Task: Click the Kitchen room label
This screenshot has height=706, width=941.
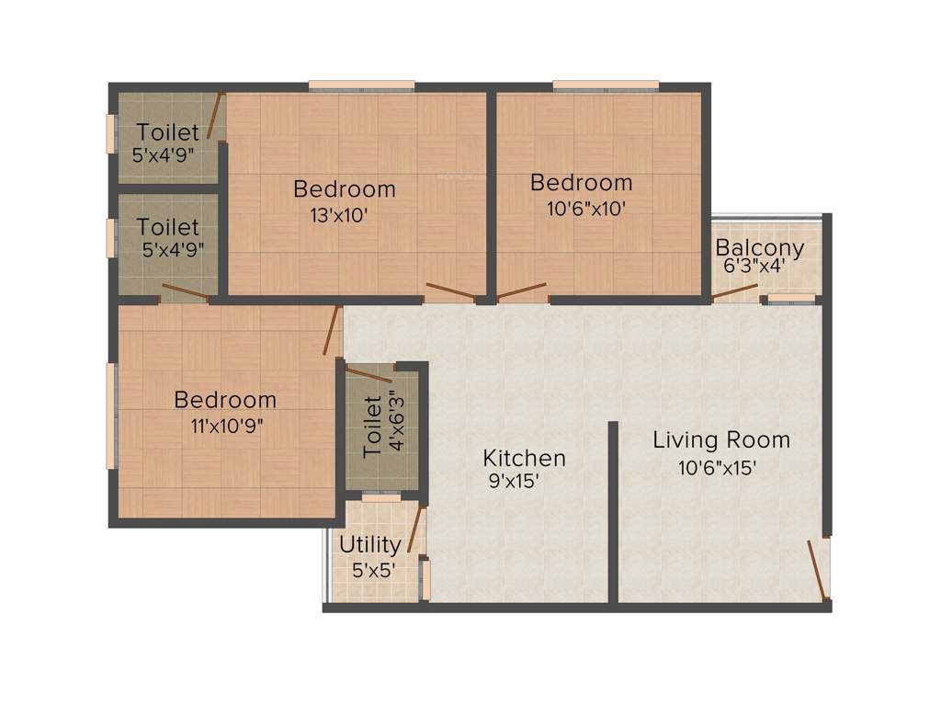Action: [524, 458]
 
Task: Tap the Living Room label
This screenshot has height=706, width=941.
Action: [721, 439]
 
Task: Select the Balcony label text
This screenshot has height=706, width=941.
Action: [760, 247]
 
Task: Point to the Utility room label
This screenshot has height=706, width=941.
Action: [370, 544]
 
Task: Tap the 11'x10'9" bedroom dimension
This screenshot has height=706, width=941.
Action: [224, 427]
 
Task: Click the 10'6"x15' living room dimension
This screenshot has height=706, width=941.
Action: [718, 467]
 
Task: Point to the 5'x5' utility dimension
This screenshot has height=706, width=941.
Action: [373, 569]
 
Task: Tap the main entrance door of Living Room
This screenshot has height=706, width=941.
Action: [816, 567]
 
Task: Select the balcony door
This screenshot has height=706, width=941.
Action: [736, 293]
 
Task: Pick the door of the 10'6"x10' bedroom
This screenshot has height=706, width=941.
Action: [522, 292]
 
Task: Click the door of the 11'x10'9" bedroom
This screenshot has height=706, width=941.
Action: [333, 331]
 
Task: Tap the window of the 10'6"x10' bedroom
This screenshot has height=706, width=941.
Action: [606, 85]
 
